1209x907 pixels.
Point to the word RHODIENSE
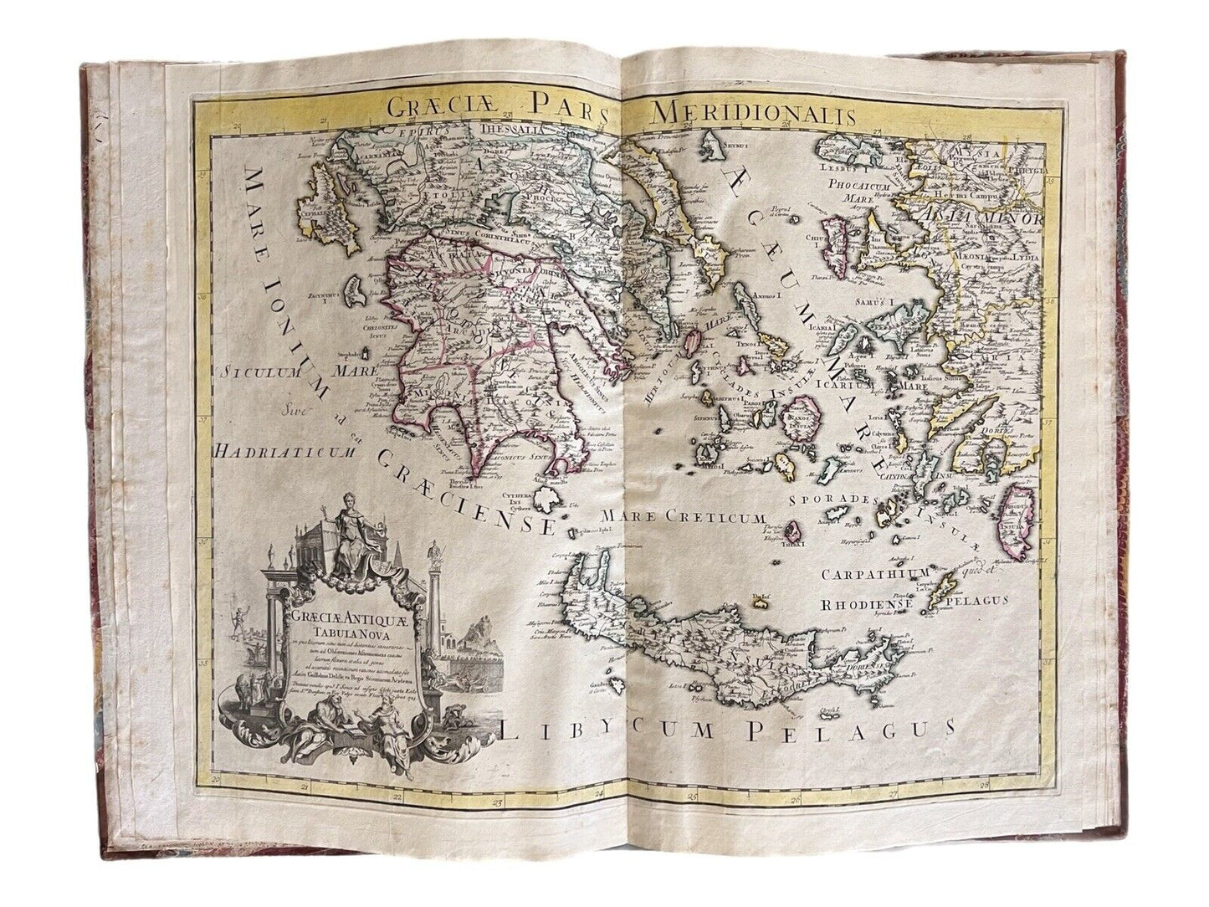click(x=868, y=600)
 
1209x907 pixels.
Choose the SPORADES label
click(x=827, y=500)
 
